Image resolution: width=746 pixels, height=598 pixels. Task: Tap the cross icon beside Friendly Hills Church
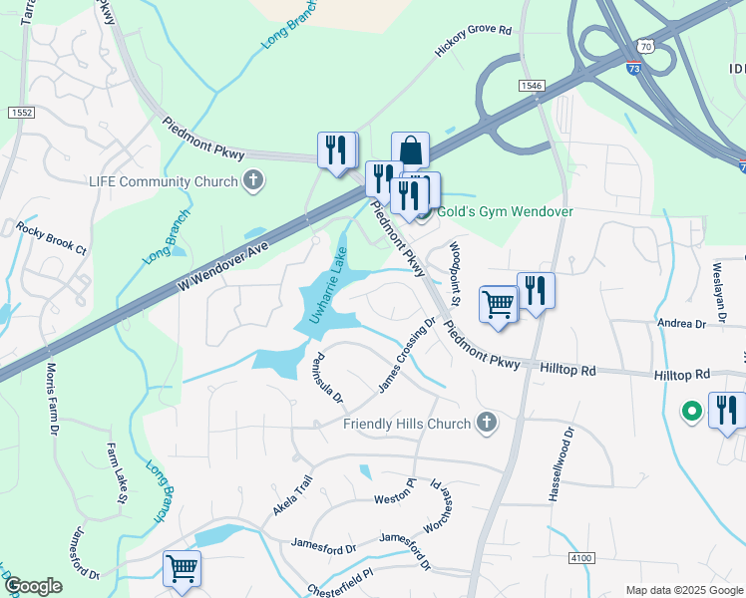(x=486, y=424)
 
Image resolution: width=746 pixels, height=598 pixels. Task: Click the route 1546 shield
(x=530, y=87)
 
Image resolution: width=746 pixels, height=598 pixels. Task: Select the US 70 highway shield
(x=645, y=46)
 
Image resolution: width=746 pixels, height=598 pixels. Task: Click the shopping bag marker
(x=410, y=150)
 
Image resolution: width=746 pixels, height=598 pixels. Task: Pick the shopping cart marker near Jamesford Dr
(x=182, y=568)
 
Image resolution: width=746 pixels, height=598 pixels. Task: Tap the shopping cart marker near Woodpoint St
(x=499, y=304)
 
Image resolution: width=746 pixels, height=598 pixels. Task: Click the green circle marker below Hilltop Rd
(x=689, y=410)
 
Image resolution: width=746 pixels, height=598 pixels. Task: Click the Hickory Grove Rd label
(x=473, y=42)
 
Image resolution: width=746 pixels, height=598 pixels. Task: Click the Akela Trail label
(x=292, y=494)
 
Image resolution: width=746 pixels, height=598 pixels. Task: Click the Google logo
(x=33, y=586)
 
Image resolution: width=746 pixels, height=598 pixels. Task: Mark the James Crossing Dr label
(x=406, y=355)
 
